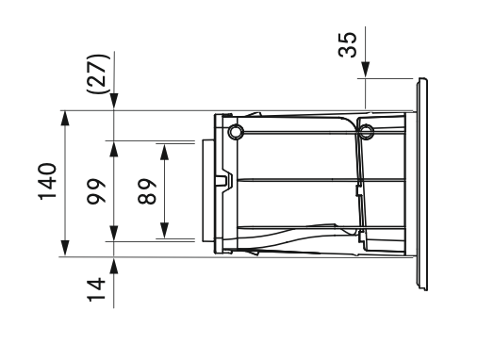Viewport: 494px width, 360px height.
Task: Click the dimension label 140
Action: pyautogui.click(x=47, y=182)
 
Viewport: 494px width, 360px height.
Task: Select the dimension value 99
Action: pyautogui.click(x=96, y=191)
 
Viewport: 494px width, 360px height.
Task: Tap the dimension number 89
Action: pyautogui.click(x=147, y=191)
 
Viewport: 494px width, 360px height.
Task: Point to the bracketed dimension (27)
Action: pyautogui.click(x=99, y=74)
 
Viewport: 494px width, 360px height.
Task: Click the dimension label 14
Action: pyautogui.click(x=96, y=289)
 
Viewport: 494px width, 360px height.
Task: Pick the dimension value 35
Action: pyautogui.click(x=348, y=44)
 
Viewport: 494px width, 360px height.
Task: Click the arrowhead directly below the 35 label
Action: pyautogui.click(x=366, y=70)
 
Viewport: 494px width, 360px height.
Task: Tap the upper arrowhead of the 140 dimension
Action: pyautogui.click(x=65, y=119)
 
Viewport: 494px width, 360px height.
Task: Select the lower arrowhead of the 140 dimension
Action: pyautogui.click(x=65, y=248)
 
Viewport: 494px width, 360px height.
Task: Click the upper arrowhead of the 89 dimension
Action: pyautogui.click(x=164, y=152)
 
